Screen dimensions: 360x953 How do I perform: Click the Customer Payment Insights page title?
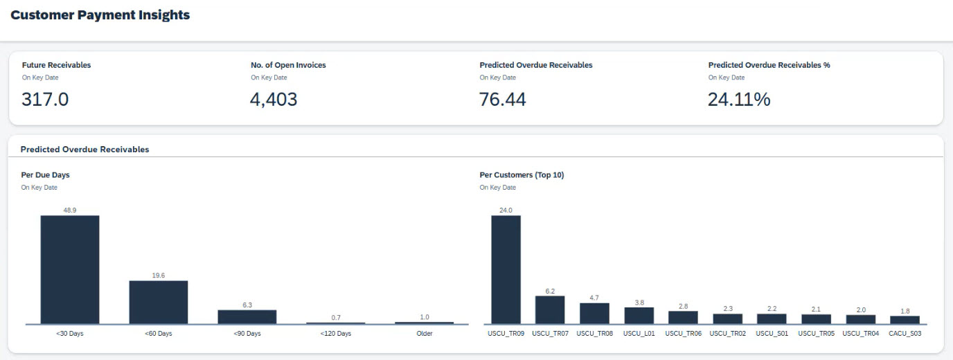click(x=100, y=15)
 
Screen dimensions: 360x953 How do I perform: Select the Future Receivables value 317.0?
click(x=45, y=100)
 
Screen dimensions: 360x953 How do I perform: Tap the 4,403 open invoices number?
click(x=274, y=100)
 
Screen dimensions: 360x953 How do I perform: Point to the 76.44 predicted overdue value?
click(x=502, y=100)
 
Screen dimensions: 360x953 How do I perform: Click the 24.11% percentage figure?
click(x=738, y=100)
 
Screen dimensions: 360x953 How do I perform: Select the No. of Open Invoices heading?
click(x=288, y=65)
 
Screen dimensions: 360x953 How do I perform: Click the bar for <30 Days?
click(x=70, y=269)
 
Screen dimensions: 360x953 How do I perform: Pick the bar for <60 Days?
click(x=159, y=302)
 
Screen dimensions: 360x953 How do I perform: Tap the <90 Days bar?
click(x=247, y=316)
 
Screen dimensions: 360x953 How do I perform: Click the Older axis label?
click(x=425, y=334)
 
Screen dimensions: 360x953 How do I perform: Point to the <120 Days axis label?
click(x=336, y=334)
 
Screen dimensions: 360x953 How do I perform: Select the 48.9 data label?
click(x=70, y=210)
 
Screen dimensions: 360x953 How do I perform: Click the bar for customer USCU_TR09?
click(x=506, y=269)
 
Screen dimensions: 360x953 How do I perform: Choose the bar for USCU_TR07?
click(x=550, y=309)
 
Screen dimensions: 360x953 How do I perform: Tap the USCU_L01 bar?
click(x=639, y=315)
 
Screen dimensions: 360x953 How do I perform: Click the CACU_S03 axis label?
click(x=905, y=334)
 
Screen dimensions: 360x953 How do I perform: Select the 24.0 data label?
click(x=506, y=210)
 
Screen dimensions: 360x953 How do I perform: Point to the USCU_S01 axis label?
click(x=772, y=334)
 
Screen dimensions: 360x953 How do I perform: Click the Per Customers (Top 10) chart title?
click(x=522, y=175)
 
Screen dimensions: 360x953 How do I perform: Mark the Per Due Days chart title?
click(x=45, y=175)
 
